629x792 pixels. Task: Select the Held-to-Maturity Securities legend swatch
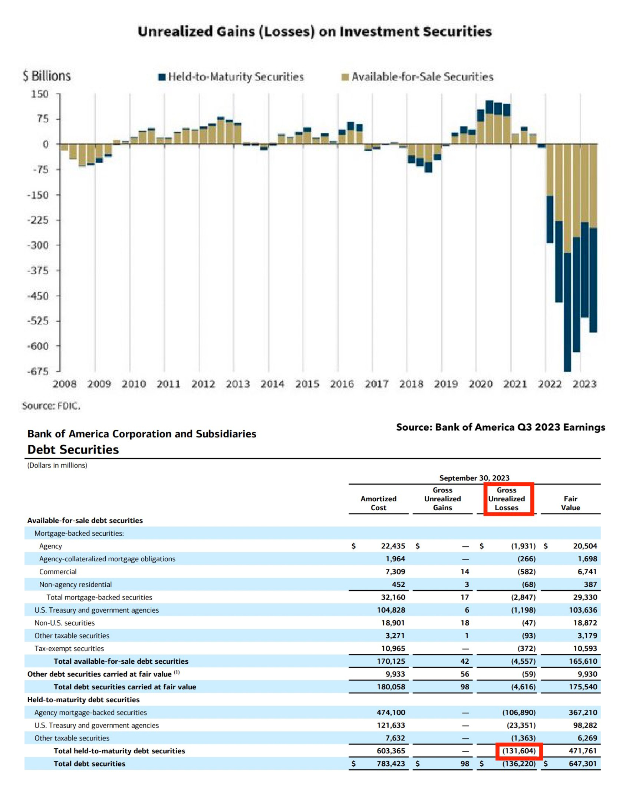click(161, 77)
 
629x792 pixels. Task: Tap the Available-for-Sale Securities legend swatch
click(345, 77)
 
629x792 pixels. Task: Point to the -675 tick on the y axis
click(38, 371)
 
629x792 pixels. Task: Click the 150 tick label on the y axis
click(40, 94)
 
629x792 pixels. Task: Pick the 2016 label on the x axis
click(342, 384)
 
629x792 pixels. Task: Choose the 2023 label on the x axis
click(584, 384)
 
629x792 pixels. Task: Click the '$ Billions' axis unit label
click(47, 76)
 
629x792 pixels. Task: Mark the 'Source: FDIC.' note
click(51, 406)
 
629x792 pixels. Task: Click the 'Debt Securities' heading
click(73, 449)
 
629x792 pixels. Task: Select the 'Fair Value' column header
click(570, 503)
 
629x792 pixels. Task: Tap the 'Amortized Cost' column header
click(378, 503)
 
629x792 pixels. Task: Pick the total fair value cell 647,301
click(583, 763)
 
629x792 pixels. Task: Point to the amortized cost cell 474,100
click(391, 712)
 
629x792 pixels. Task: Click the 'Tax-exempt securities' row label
click(69, 649)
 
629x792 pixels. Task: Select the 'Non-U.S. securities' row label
click(65, 623)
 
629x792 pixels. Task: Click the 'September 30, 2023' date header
click(474, 478)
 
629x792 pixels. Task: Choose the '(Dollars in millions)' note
click(57, 465)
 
